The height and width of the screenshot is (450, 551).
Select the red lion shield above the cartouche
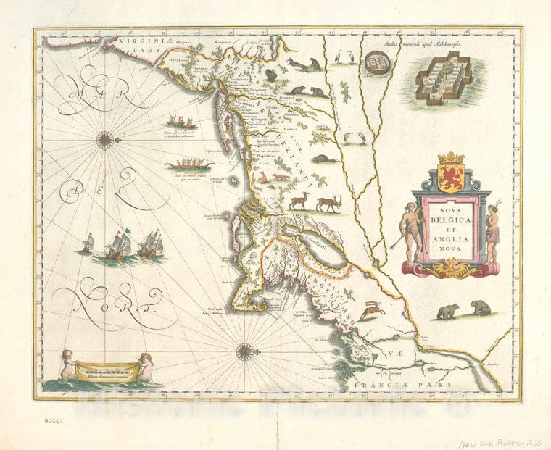pos(451,178)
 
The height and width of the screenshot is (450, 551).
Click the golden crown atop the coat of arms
pos(451,158)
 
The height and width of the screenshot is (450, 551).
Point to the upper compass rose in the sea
pos(105,138)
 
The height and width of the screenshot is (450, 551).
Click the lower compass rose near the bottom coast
pos(244,352)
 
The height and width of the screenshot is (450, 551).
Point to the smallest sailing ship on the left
pos(87,243)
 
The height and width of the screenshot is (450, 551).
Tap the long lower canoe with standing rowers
pos(188,164)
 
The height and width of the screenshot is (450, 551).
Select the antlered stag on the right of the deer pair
pos(328,203)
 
